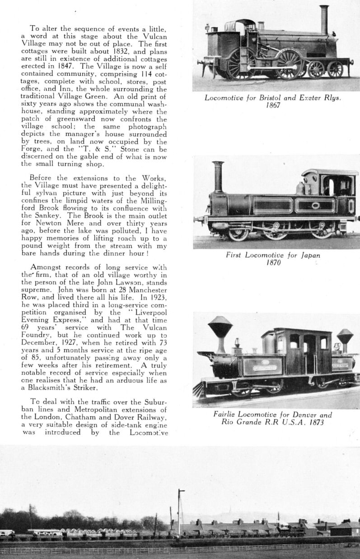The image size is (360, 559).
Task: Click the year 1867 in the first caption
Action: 273,105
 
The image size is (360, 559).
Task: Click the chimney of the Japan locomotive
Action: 219,176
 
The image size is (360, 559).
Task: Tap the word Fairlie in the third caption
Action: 226,415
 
